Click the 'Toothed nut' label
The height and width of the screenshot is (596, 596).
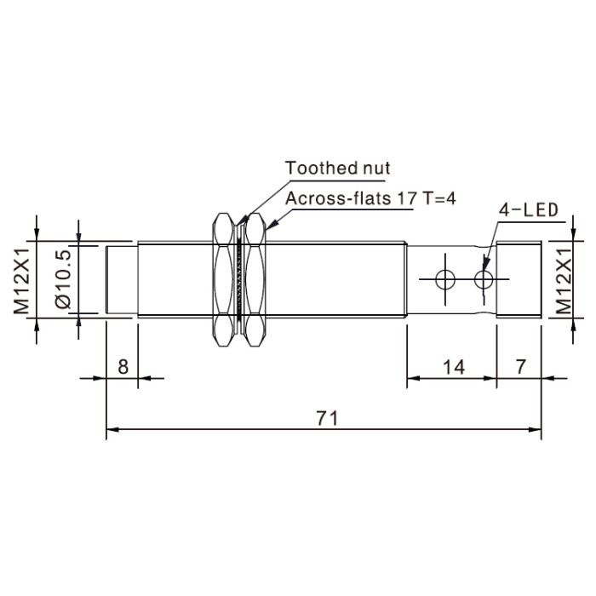click(x=337, y=168)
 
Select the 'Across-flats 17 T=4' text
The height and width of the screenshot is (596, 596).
click(x=370, y=198)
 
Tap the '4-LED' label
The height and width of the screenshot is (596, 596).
click(x=529, y=210)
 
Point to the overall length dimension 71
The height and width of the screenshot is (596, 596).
click(x=327, y=418)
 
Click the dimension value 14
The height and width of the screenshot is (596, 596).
click(x=454, y=367)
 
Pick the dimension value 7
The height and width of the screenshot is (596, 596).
click(x=520, y=366)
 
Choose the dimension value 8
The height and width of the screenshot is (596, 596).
click(x=123, y=367)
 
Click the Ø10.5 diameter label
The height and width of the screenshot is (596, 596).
click(x=63, y=278)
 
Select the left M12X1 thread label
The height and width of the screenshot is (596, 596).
click(x=21, y=281)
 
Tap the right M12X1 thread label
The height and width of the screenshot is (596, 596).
click(x=564, y=281)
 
